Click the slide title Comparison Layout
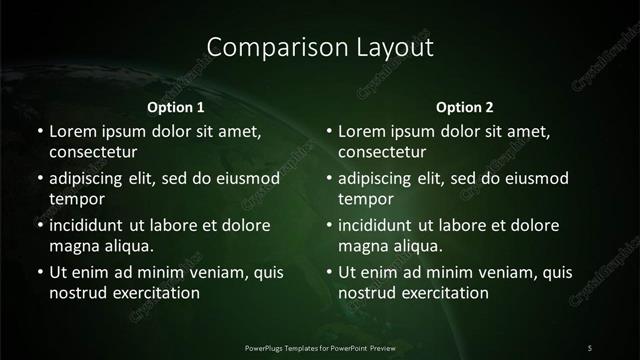click(x=320, y=46)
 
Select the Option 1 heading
click(x=176, y=107)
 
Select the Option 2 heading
click(x=465, y=107)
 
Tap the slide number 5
click(x=590, y=347)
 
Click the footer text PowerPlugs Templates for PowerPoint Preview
click(x=319, y=347)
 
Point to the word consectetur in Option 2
click(x=382, y=152)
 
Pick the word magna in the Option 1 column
click(x=72, y=246)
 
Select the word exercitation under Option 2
click(x=442, y=293)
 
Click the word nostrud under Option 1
click(x=77, y=293)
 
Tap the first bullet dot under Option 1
click(x=39, y=131)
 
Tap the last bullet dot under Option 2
click(x=329, y=272)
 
